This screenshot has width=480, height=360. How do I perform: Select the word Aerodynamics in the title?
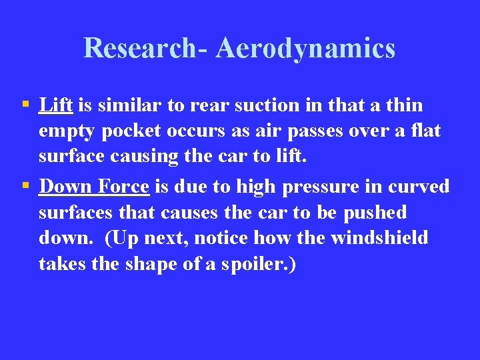[x=306, y=48]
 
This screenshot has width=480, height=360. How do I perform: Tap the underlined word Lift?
[x=56, y=105]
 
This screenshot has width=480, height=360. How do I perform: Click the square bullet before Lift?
[x=25, y=105]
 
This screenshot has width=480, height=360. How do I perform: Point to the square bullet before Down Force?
[x=25, y=186]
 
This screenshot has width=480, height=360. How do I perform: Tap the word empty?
[x=67, y=132]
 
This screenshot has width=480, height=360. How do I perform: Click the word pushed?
[x=375, y=213]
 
